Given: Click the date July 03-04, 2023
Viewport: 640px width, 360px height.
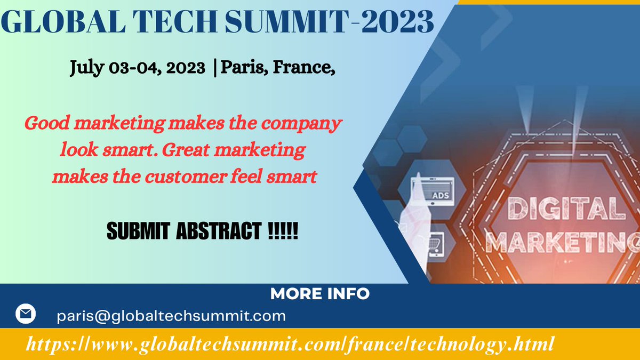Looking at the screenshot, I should pos(138,68).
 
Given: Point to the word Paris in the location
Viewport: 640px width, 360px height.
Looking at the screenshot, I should pos(240,68).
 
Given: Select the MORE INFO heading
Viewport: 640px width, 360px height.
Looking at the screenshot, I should pos(319,293).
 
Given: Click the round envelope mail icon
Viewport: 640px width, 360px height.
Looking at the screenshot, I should pos(25,314).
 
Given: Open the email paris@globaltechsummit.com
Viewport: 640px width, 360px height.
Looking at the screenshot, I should pos(171,316).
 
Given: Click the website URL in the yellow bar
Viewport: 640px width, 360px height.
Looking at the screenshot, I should pos(289,342).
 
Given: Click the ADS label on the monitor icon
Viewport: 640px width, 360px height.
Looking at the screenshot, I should pos(441,195).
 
